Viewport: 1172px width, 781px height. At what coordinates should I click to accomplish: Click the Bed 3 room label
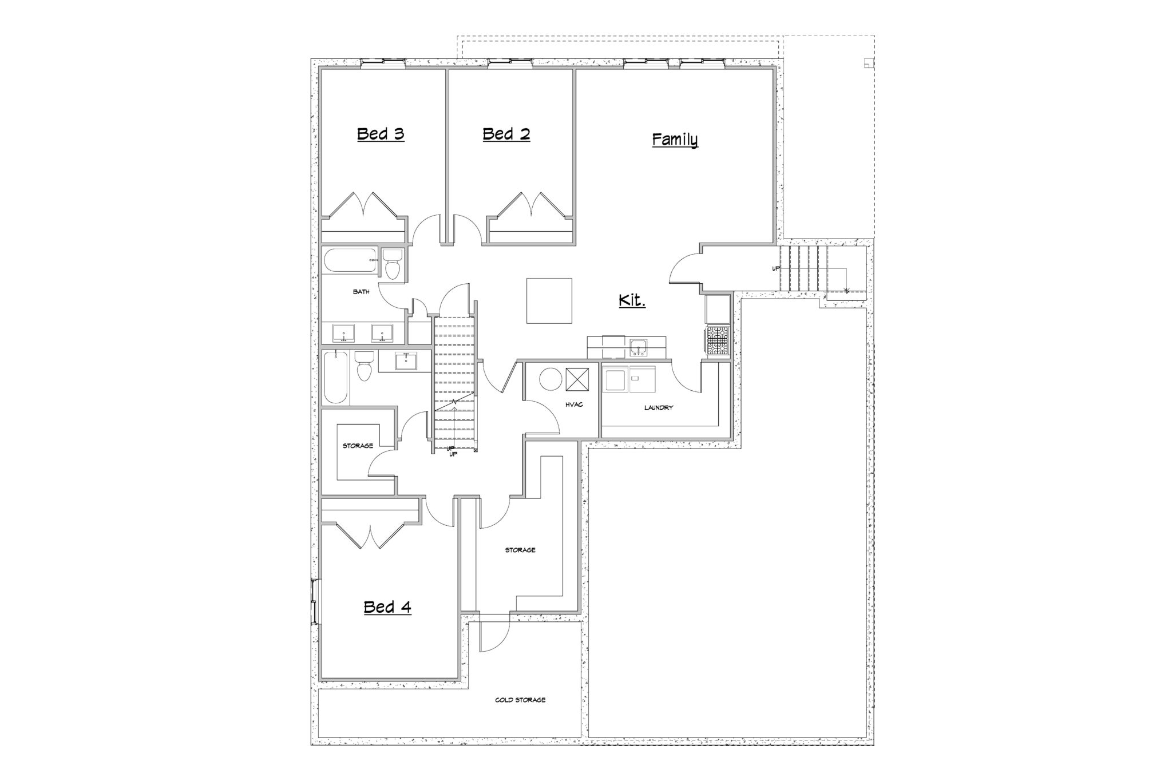381,134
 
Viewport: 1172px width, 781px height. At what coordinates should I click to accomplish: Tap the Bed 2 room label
506,134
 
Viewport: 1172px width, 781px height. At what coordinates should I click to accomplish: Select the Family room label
675,140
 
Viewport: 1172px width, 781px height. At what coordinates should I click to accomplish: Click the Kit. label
632,300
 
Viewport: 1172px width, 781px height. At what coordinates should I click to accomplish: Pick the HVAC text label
574,405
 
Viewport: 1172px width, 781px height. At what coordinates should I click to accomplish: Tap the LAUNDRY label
659,408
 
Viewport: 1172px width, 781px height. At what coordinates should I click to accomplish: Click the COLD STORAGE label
520,700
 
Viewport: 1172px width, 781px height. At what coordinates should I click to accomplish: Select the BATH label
361,292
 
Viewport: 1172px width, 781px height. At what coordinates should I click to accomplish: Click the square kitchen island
549,301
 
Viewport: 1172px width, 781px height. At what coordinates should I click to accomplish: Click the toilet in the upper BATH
393,265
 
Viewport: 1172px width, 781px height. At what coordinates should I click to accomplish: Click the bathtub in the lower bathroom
336,379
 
